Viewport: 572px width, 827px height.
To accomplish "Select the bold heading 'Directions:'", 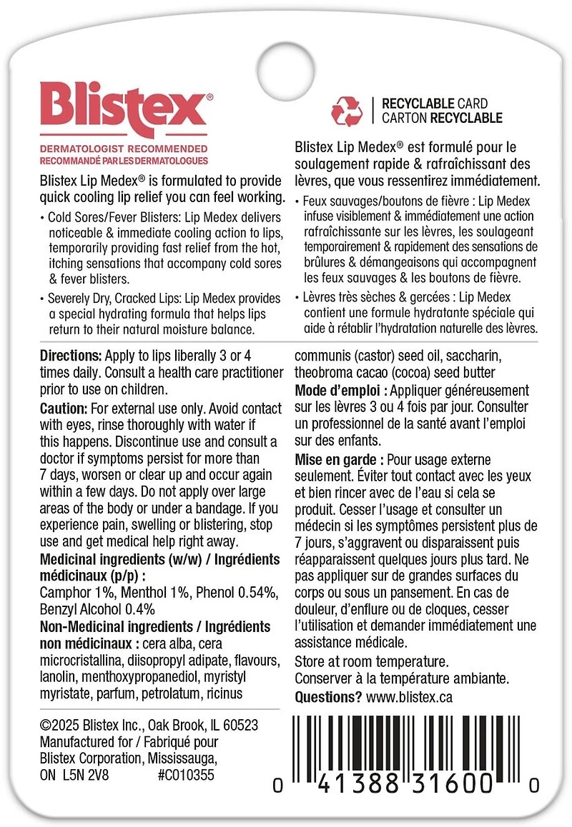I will click(71, 356).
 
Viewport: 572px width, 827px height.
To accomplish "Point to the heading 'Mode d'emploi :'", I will click(340, 390).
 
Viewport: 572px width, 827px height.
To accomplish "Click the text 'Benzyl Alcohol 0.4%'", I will click(98, 610).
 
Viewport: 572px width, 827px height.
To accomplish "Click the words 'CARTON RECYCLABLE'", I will click(442, 118).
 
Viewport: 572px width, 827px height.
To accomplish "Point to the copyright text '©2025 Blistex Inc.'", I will click(93, 725).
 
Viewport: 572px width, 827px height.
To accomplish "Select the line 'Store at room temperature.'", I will click(371, 661).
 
